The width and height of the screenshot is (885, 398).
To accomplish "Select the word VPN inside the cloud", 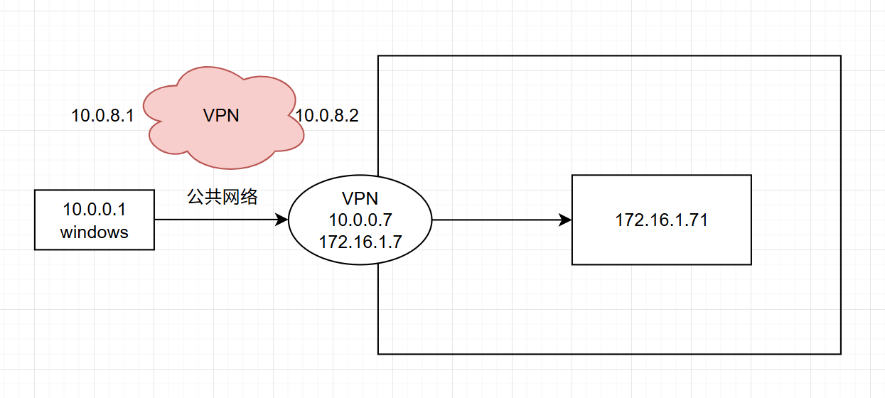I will pos(221,116).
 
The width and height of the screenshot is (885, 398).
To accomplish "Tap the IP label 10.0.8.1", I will pos(102,116).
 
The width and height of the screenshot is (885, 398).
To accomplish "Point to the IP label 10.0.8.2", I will pos(327,116).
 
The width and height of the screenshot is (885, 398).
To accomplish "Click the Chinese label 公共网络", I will pos(222,197).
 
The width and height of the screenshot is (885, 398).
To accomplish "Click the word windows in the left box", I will pos(95,232).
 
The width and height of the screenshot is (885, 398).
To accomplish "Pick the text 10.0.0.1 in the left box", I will pos(95,210).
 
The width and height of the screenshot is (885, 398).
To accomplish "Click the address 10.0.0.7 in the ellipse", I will pos(360,219).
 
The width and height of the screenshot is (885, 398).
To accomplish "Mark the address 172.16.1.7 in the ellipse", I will pos(360,241).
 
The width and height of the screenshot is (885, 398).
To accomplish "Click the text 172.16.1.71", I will pos(661,220).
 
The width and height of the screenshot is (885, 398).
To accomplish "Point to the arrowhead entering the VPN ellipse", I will pos(282,220).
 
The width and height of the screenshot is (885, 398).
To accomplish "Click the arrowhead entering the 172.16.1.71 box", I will pos(566,220).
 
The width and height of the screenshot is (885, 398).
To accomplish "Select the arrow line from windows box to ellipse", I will pos(213,220).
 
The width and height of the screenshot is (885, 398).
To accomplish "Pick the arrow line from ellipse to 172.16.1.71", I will pos(498,220).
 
